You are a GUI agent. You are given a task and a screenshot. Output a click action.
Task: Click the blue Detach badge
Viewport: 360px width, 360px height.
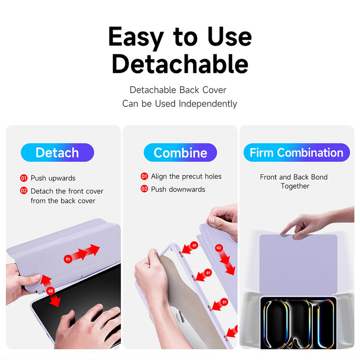[58, 153]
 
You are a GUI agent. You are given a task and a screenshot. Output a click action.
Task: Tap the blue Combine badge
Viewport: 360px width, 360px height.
[180, 153]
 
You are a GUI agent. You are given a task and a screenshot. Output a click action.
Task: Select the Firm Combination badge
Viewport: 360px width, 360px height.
[297, 153]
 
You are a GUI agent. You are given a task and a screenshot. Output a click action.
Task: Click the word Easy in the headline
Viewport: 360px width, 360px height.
[136, 37]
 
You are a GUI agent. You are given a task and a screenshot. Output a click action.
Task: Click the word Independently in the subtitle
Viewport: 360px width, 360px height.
[208, 103]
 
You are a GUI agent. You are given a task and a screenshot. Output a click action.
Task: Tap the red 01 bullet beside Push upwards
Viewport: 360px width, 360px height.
[24, 178]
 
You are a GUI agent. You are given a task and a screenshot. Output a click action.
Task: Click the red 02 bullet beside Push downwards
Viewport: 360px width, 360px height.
[144, 189]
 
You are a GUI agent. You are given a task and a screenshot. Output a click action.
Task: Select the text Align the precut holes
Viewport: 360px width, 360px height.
[186, 176]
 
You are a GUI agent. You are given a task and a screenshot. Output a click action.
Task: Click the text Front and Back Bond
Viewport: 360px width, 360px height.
[294, 177]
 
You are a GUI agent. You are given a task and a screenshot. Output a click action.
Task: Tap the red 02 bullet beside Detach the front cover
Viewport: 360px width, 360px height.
[24, 191]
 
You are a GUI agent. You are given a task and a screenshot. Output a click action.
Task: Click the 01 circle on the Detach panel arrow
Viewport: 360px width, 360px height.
[68, 259]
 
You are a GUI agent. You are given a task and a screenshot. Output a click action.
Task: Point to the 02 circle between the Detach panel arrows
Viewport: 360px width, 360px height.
[50, 291]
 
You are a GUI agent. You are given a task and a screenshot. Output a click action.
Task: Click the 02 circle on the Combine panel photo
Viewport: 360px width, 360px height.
[219, 248]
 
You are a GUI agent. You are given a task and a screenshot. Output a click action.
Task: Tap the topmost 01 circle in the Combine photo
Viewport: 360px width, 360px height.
[194, 245]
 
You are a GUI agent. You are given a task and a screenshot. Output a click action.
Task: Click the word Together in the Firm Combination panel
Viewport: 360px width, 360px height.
[295, 186]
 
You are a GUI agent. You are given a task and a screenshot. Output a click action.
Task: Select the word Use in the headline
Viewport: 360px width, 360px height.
[229, 37]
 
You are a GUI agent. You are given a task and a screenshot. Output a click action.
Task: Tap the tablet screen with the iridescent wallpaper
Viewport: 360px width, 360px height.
[298, 323]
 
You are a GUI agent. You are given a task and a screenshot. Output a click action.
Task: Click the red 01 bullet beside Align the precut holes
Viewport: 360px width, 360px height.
[144, 176]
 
